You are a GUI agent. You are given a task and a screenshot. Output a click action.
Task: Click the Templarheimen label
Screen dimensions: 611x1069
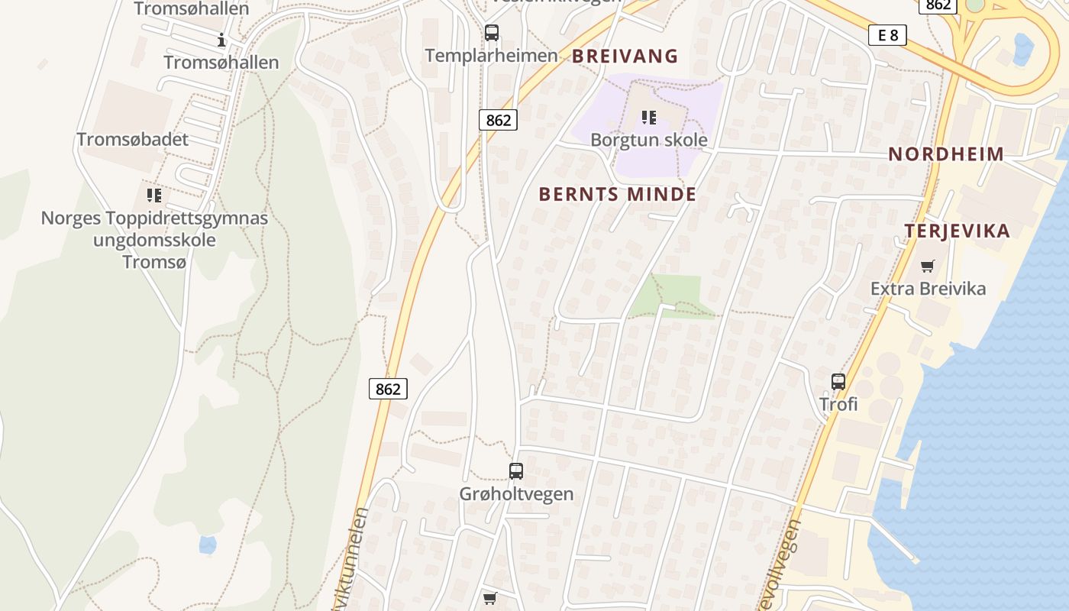click(492, 56)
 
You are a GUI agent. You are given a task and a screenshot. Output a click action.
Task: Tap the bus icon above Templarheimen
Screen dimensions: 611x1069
click(492, 33)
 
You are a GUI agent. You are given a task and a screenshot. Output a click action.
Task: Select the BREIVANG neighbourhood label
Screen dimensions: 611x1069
click(625, 56)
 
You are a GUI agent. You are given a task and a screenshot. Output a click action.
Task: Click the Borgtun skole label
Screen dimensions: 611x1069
click(649, 141)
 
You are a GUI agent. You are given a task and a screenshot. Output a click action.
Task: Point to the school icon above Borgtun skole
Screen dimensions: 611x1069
click(649, 118)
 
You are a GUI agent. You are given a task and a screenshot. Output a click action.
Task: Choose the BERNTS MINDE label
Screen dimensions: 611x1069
click(618, 194)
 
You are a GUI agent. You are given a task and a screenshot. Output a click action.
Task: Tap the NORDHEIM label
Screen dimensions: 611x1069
click(946, 154)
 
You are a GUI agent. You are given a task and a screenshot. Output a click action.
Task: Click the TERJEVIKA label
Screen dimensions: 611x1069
click(958, 231)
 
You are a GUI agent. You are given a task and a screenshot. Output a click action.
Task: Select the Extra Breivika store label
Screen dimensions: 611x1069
click(928, 289)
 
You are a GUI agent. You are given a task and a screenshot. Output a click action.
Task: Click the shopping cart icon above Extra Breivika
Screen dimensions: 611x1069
click(927, 267)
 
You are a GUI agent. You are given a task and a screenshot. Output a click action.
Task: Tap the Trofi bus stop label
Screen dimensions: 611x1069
click(838, 403)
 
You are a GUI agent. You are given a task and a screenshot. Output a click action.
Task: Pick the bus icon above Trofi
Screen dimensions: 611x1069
click(838, 381)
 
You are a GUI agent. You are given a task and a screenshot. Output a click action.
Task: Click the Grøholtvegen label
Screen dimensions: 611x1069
click(516, 493)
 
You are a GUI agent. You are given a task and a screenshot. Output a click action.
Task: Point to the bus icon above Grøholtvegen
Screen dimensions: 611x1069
click(516, 471)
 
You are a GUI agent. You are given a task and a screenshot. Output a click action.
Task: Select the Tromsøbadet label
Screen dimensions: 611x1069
click(132, 140)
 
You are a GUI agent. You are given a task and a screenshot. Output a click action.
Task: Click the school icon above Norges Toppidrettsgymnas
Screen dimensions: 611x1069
click(154, 196)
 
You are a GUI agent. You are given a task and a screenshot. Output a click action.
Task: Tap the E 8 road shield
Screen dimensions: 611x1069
click(887, 34)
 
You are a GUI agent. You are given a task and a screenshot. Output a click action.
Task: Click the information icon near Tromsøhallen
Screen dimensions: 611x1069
click(221, 40)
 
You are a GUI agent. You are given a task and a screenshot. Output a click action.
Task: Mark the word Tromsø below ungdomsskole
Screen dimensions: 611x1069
click(154, 261)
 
